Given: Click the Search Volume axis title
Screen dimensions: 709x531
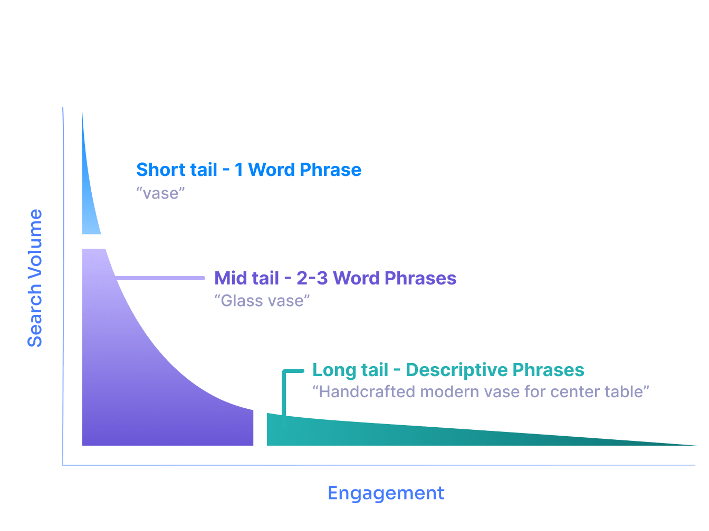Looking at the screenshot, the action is [x=35, y=278].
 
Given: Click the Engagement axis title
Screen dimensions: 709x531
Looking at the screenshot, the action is [x=386, y=494].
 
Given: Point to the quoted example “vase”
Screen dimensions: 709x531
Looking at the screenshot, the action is [x=160, y=193].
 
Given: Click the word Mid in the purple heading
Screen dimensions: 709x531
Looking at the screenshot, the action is [x=231, y=278].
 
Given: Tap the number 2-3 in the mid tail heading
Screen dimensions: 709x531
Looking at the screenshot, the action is [x=312, y=278].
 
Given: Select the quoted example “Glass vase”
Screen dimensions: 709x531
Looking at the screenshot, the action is [x=262, y=301].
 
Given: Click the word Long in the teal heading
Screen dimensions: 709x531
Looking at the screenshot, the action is [x=334, y=370].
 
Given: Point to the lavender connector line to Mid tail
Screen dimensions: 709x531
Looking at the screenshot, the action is [x=160, y=278].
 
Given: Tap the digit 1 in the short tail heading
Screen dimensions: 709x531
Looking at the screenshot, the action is [x=238, y=170].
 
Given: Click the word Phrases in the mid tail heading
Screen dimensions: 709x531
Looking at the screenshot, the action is [x=420, y=278].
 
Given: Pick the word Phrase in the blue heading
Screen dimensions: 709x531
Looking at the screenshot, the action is [x=330, y=170].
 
